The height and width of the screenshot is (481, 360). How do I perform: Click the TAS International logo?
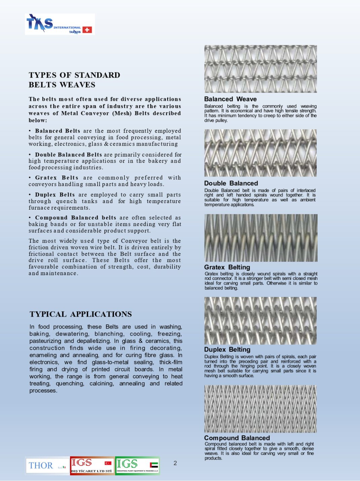tap(60, 24)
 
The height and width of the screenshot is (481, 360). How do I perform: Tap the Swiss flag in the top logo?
tap(87, 30)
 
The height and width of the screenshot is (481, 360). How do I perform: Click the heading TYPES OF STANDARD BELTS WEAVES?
tap(74, 80)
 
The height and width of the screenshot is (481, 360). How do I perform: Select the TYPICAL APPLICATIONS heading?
tap(80, 314)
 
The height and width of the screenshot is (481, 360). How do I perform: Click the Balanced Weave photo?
tap(260, 69)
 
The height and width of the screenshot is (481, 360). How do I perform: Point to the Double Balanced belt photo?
tap(260, 153)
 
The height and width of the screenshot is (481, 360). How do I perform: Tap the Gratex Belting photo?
tap(260, 238)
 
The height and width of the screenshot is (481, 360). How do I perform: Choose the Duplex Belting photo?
tap(260, 320)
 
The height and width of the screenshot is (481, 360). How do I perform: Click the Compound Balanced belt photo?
tap(260, 409)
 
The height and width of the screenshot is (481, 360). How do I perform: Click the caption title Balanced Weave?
tap(230, 99)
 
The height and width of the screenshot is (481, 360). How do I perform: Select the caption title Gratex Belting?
tap(227, 267)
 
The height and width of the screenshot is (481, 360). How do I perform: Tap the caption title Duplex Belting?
tap(227, 349)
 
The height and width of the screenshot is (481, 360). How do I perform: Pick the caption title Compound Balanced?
tap(237, 438)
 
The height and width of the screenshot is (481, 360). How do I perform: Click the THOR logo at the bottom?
tap(47, 466)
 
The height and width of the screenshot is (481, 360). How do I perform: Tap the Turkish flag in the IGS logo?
tap(108, 463)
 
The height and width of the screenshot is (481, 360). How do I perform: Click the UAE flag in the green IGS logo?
tap(154, 465)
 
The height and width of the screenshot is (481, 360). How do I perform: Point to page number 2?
tap(175, 463)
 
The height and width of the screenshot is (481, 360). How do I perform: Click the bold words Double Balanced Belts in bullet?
tap(68, 154)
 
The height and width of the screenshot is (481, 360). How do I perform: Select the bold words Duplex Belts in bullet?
tap(55, 195)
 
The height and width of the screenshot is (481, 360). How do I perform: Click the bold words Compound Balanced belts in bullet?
tap(75, 218)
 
